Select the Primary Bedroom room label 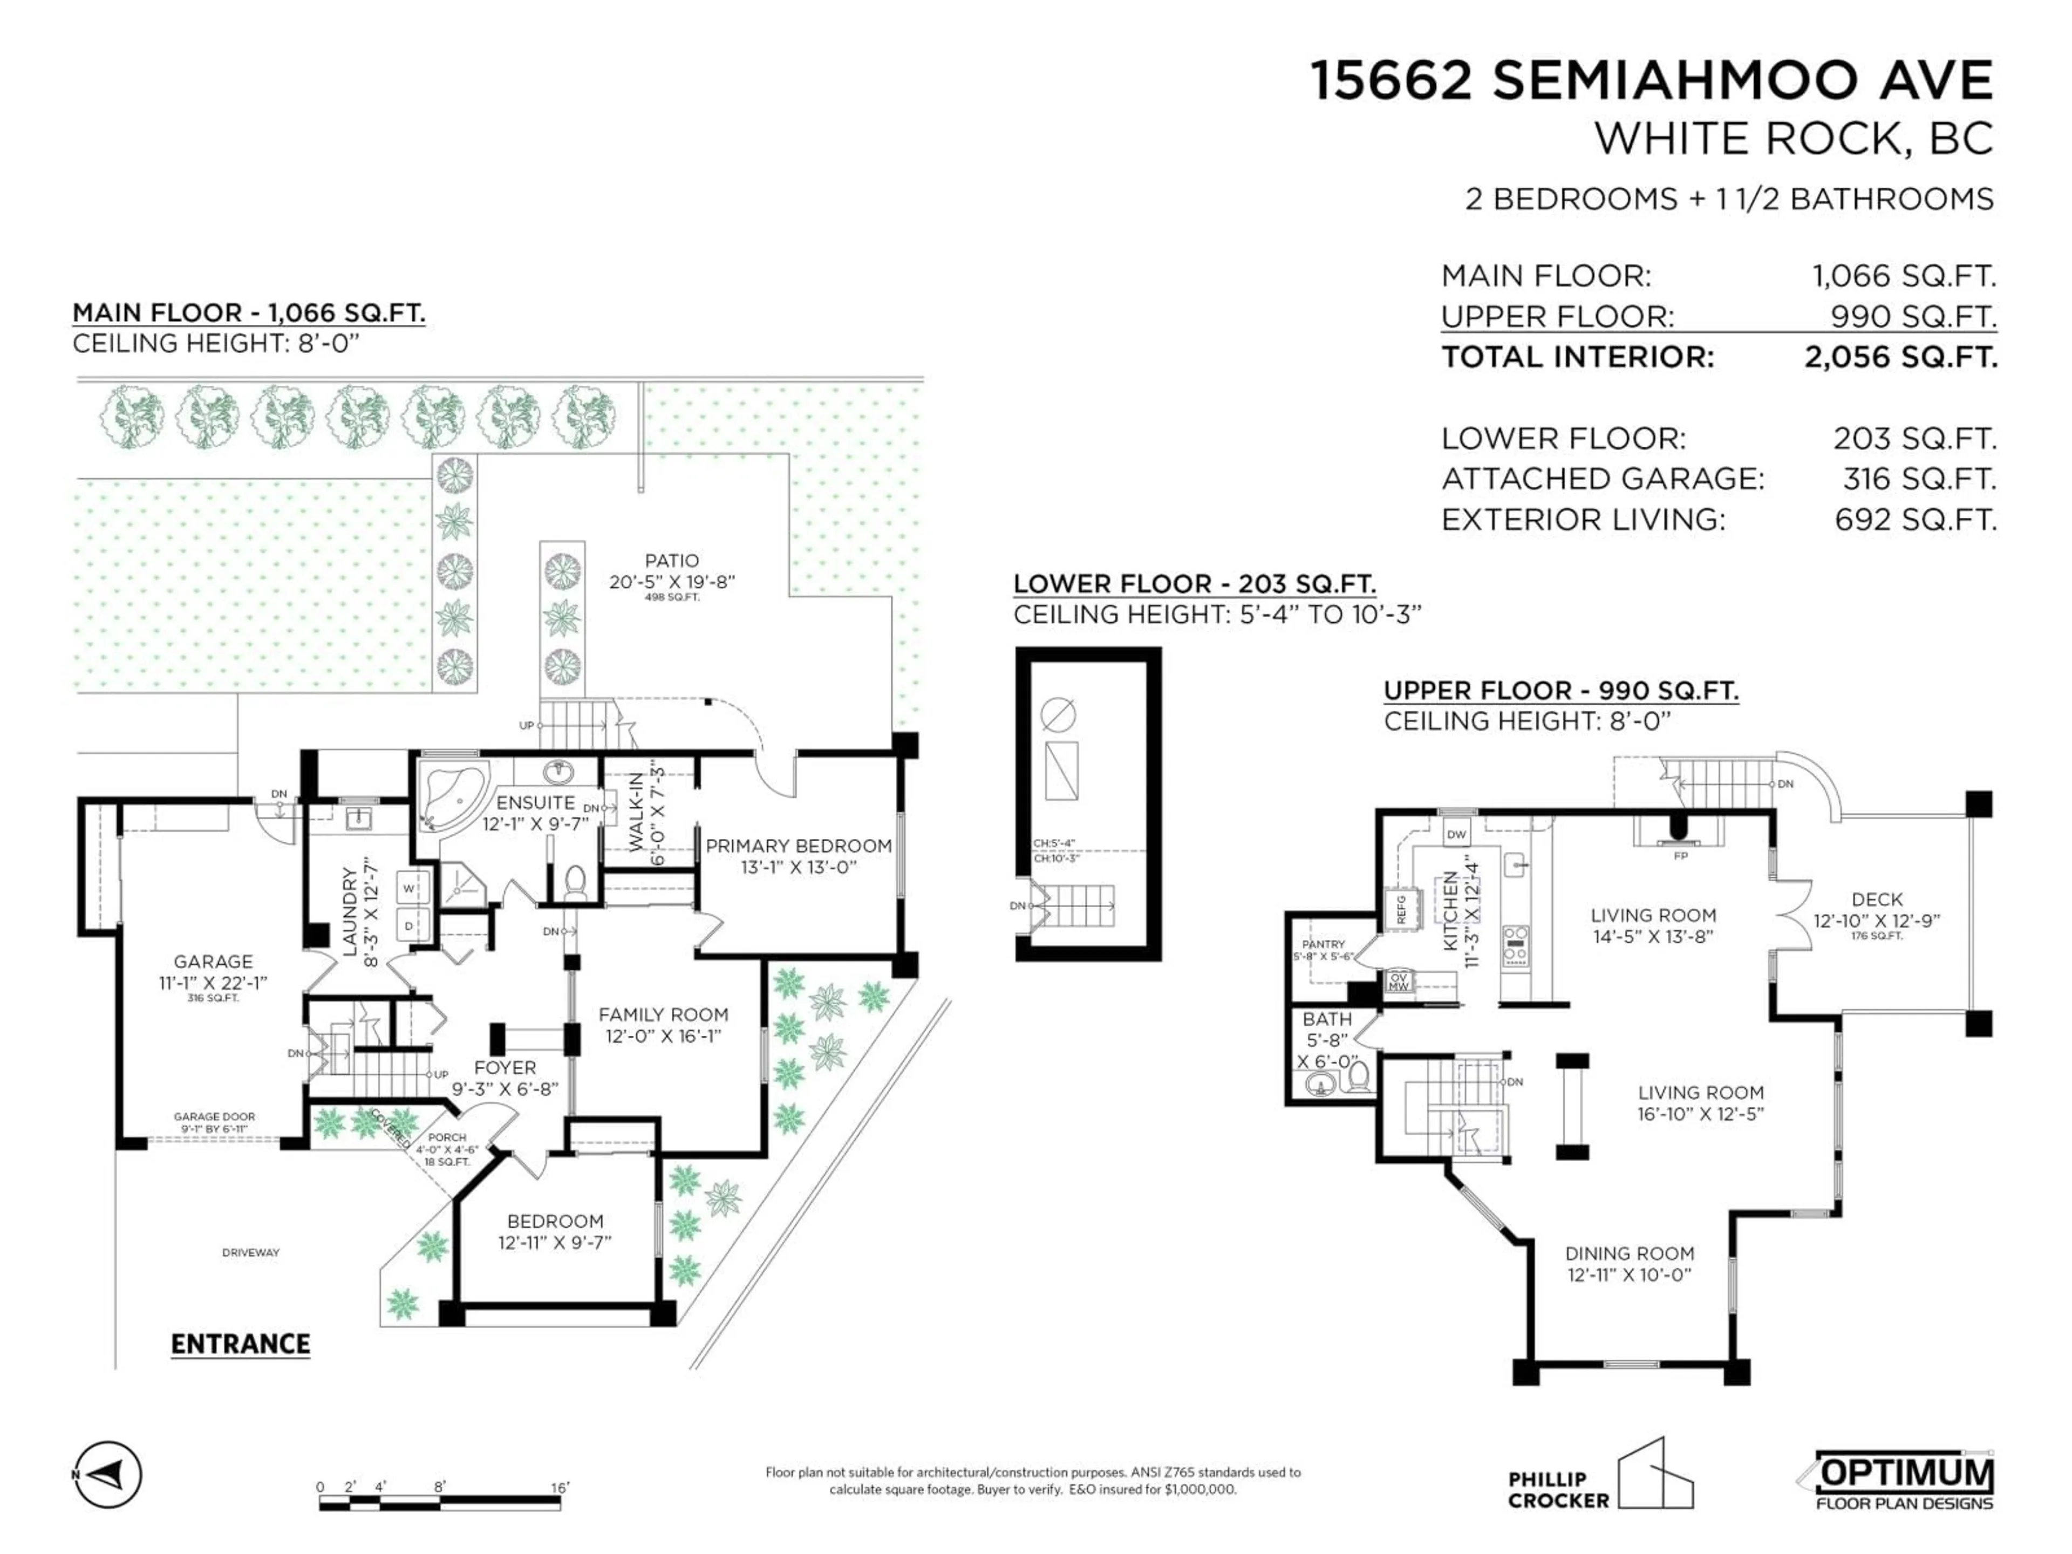798,846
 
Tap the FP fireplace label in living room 1680,856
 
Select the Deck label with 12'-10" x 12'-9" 1876,899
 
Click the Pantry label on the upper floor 1323,944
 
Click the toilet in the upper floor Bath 1358,1076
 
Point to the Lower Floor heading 1194,584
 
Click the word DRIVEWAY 250,1252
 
